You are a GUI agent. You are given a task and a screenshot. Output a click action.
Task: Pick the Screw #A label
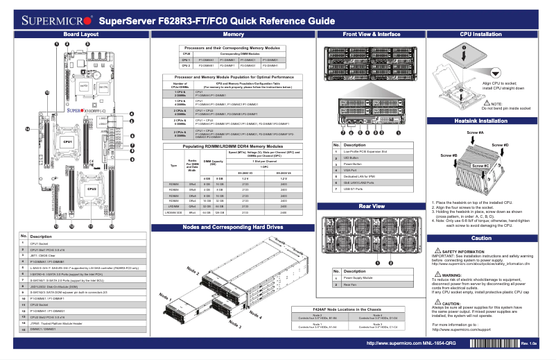(x=476, y=132)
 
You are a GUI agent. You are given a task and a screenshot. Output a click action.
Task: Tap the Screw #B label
(x=449, y=155)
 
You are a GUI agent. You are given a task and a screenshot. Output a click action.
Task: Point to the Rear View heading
(x=372, y=206)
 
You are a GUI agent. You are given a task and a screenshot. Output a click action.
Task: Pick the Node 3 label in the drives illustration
(x=234, y=324)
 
